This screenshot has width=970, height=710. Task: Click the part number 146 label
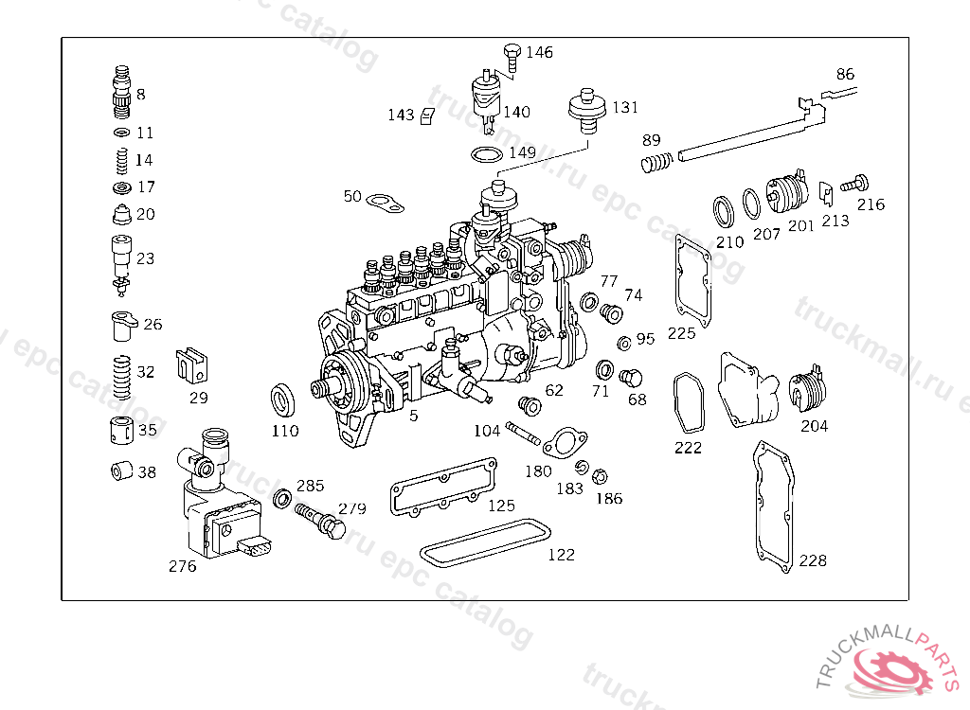coord(539,52)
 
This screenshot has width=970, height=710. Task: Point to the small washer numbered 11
coord(120,132)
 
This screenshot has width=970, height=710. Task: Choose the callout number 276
coord(182,566)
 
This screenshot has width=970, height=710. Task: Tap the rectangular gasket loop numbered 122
coord(484,542)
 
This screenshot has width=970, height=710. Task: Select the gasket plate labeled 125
coord(443,487)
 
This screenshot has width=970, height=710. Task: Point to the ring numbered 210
coord(725,211)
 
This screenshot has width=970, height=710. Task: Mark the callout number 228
coord(812,560)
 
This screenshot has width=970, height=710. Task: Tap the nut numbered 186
coord(600,475)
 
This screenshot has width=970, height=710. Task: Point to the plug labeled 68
coord(627,378)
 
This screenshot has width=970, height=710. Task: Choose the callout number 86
coord(844,74)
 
